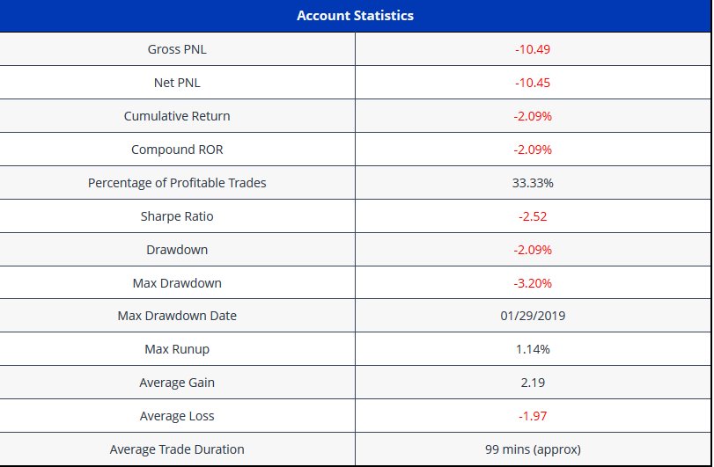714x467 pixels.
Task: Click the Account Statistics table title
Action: click(355, 16)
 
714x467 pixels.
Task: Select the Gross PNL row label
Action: click(177, 49)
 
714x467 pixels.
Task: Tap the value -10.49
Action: click(533, 49)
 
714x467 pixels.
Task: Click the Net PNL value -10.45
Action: click(533, 83)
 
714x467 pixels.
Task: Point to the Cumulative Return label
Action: click(177, 116)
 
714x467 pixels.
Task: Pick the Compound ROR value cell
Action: click(533, 150)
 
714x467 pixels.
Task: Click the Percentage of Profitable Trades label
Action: click(177, 183)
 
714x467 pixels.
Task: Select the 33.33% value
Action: click(533, 183)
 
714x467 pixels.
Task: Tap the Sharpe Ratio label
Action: click(177, 216)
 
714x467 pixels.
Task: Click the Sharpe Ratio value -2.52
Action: click(533, 216)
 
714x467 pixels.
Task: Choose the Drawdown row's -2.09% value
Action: click(533, 250)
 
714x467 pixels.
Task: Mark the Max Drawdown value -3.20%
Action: click(533, 283)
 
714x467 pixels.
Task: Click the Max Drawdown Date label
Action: click(177, 316)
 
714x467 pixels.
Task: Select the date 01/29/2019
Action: click(533, 316)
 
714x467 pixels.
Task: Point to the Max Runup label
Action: click(177, 349)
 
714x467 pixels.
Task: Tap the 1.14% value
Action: click(533, 349)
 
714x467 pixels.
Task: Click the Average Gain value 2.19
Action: click(533, 383)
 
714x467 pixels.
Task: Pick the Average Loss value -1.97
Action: click(533, 416)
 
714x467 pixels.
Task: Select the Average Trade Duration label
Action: click(177, 449)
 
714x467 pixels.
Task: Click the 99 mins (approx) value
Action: click(533, 449)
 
